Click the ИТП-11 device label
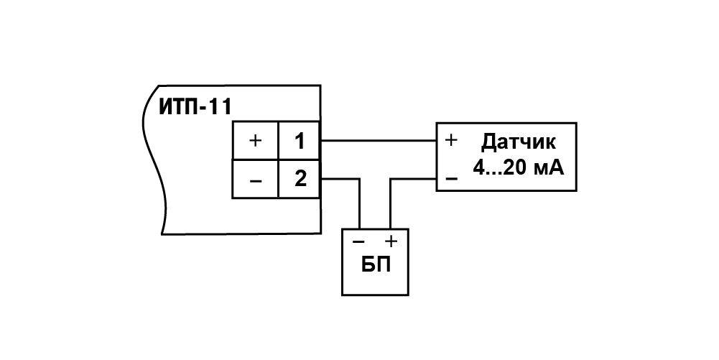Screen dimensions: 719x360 pyautogui.click(x=195, y=107)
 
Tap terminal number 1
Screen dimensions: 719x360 pyautogui.click(x=300, y=140)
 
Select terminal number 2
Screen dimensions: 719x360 pyautogui.click(x=300, y=178)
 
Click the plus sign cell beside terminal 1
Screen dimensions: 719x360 pyautogui.click(x=255, y=140)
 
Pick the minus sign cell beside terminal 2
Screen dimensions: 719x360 pyautogui.click(x=255, y=178)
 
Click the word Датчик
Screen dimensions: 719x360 pyautogui.click(x=519, y=142)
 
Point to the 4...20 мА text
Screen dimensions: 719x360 pyautogui.click(x=519, y=169)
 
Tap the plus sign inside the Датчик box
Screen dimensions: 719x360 pyautogui.click(x=452, y=140)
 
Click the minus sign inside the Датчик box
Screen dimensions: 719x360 pyautogui.click(x=452, y=178)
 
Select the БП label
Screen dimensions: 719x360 pyautogui.click(x=376, y=264)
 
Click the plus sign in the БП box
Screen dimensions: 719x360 pyautogui.click(x=391, y=241)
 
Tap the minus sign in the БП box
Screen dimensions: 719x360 pyautogui.click(x=358, y=241)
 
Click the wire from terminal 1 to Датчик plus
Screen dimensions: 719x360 pyautogui.click(x=378, y=140)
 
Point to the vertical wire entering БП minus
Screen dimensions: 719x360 pyautogui.click(x=359, y=203)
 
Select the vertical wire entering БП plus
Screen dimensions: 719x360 pyautogui.click(x=390, y=203)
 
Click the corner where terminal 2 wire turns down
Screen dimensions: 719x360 pyautogui.click(x=359, y=178)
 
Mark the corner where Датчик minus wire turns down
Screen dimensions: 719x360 pyautogui.click(x=390, y=178)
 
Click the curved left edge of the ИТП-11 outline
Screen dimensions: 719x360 pyautogui.click(x=154, y=160)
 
